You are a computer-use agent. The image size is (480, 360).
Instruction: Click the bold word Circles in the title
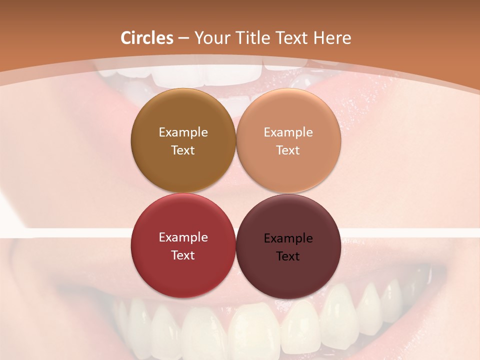(x=147, y=38)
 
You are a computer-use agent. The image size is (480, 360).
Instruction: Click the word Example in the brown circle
(x=183, y=132)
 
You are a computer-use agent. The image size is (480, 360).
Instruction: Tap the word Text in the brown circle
(x=183, y=150)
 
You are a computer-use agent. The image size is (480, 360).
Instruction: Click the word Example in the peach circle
(x=288, y=132)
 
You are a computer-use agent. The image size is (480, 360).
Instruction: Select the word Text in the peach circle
(x=288, y=150)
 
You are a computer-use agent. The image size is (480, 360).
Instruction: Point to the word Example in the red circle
(x=183, y=237)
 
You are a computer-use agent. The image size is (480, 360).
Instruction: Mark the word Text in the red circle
(x=183, y=255)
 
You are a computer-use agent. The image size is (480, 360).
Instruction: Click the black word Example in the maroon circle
(x=288, y=238)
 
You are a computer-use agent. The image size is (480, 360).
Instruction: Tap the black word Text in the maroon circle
(x=288, y=256)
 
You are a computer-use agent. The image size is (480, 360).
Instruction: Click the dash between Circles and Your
(x=183, y=38)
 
